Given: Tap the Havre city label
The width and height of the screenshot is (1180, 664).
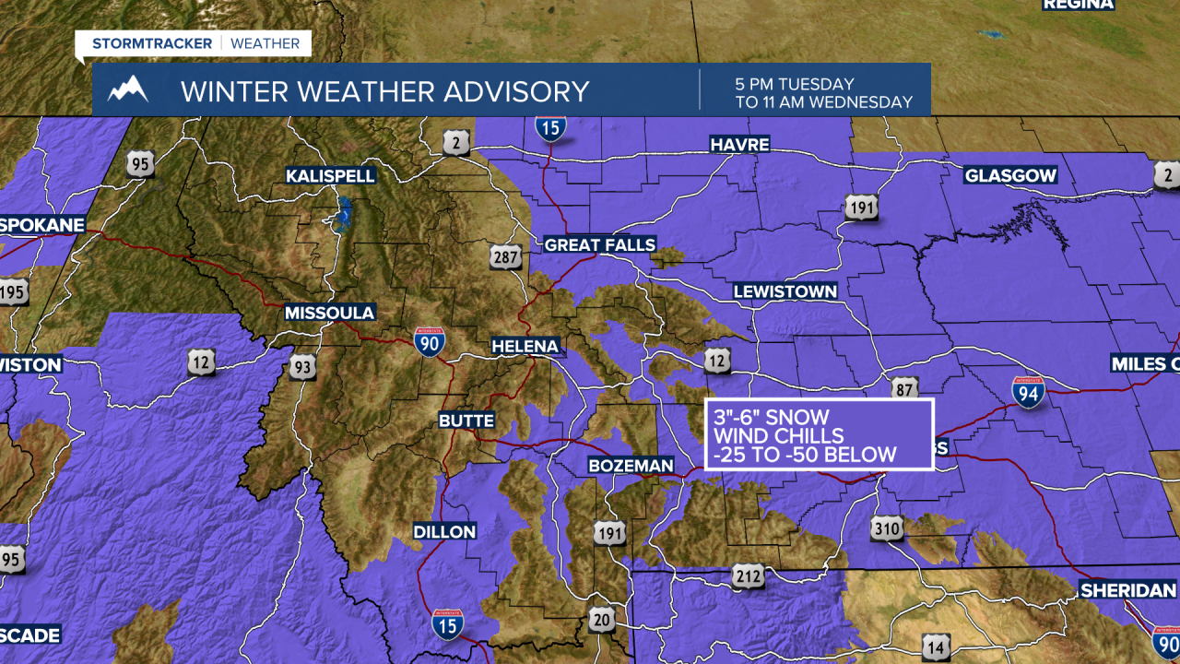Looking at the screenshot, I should [739, 144].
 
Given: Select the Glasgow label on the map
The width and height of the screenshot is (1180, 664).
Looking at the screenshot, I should [1010, 175].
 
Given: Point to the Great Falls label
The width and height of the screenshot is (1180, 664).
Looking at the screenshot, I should [600, 244].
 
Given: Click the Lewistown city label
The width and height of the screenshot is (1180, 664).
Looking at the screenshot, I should [785, 291].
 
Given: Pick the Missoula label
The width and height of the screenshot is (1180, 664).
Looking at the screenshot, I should [329, 313].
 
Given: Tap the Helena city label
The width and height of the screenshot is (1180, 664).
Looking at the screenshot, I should [525, 346].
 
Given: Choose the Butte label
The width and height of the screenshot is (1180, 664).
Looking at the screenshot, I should [466, 421].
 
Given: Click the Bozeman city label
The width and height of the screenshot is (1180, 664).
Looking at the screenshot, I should [631, 466].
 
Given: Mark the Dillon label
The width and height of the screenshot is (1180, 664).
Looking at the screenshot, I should [444, 531].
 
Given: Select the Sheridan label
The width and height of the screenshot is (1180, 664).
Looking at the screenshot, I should [1128, 590].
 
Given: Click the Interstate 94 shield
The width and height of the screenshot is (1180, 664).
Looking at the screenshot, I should [1028, 392].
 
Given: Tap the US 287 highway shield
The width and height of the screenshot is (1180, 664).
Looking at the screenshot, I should [506, 257].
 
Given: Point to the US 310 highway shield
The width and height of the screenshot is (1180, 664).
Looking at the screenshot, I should [886, 528].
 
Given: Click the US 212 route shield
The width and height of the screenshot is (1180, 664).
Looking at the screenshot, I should [748, 578].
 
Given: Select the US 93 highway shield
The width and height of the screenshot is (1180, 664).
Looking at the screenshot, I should [302, 367].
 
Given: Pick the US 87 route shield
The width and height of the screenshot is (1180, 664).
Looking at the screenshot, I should [904, 388].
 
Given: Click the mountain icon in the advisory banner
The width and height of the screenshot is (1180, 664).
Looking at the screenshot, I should [128, 89].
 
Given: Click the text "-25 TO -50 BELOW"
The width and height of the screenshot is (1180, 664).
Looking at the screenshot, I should [804, 455].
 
